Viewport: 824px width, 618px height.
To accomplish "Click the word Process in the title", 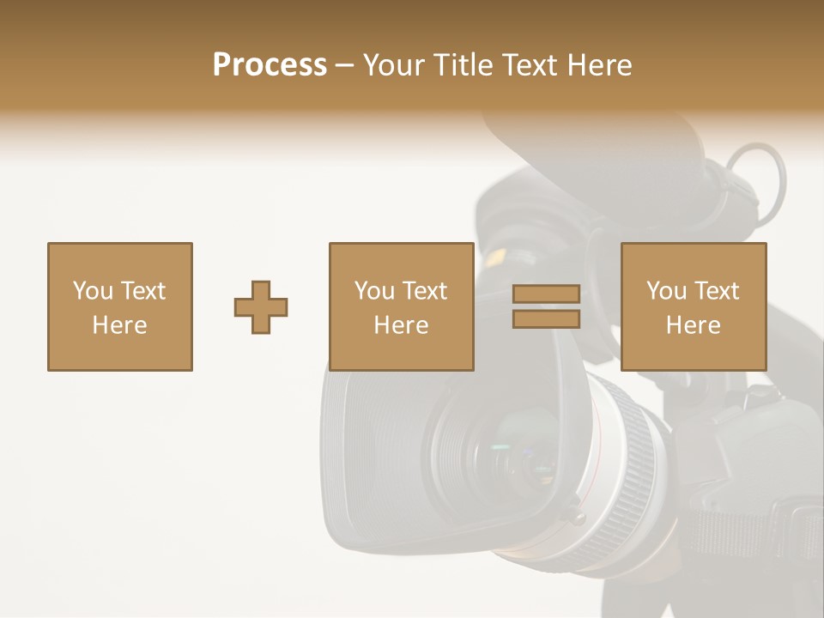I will point(270,65).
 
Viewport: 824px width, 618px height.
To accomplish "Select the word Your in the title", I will point(392,65).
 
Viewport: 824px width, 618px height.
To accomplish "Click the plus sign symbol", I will point(261,306).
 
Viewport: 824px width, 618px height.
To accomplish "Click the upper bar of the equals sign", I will point(546,294).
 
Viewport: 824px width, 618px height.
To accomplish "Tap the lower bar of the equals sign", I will point(546,319).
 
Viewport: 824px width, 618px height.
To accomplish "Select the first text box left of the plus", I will point(119,306).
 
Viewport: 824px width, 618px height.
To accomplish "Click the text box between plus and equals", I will point(401,306).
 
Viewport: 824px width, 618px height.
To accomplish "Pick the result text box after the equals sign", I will point(693,306).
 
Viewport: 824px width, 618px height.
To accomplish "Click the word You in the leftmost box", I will point(93,291).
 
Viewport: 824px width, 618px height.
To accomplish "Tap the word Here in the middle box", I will point(401,325).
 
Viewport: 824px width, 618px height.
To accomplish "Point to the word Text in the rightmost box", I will point(716,291).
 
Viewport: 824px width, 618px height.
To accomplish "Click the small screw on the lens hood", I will point(573,516).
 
